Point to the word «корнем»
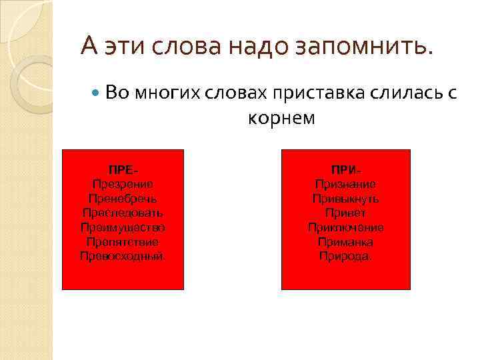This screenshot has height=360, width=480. [x=281, y=118]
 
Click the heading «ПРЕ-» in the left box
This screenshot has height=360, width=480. [x=123, y=169]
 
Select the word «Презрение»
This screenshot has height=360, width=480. [x=123, y=184]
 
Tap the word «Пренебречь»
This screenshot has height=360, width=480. [x=123, y=199]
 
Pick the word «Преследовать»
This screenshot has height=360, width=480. [x=123, y=213]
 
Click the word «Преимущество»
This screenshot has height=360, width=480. [x=123, y=227]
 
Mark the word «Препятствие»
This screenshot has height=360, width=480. [x=123, y=242]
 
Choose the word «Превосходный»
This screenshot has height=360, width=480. [x=123, y=256]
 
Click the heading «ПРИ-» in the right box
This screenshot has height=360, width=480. [x=345, y=169]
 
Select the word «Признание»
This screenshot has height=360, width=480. [x=345, y=184]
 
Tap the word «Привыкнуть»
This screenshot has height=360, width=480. [x=345, y=199]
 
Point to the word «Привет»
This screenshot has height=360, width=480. [x=345, y=213]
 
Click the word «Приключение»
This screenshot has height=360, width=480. [x=345, y=227]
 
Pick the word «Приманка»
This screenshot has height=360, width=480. [x=345, y=242]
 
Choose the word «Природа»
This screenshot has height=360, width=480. [x=345, y=256]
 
